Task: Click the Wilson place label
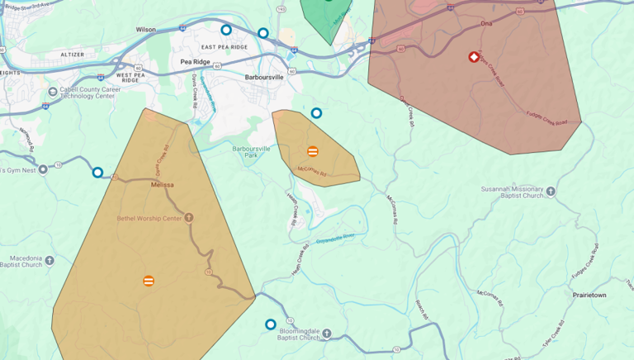tap(145, 30)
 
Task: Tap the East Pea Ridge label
tap(224, 47)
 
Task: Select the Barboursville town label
tap(265, 77)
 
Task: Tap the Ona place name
tap(485, 24)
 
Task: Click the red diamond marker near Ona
tap(475, 57)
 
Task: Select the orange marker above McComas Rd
tap(313, 151)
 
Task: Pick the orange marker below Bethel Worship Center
tap(149, 281)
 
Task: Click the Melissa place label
tap(163, 185)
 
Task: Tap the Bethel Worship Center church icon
tap(189, 218)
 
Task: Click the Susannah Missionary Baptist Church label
tap(512, 192)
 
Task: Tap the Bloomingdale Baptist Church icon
tap(326, 334)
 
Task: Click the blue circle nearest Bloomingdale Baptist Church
tap(270, 324)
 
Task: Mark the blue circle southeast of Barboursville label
tap(316, 113)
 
